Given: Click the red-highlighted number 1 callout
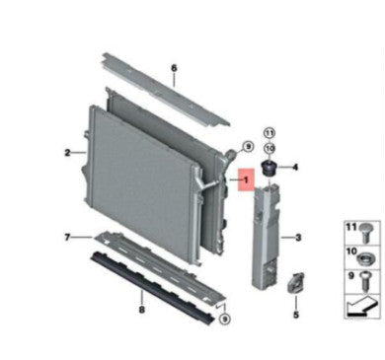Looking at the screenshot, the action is (x=246, y=180).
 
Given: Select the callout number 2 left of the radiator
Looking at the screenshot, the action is (x=67, y=153).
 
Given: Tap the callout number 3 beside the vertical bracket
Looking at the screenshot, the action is (x=298, y=238).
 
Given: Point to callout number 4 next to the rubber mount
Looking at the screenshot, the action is (x=295, y=168).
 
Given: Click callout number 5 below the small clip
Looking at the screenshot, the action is (x=296, y=315).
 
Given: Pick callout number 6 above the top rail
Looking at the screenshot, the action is (x=174, y=68).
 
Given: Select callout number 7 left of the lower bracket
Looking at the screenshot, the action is (x=67, y=237).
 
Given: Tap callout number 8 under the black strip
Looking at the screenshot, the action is (x=142, y=310).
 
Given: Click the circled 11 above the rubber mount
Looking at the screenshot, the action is (x=269, y=133).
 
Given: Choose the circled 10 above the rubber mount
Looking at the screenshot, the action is (x=269, y=148).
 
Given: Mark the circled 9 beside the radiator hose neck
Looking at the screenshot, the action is (x=248, y=146).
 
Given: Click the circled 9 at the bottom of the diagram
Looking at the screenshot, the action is (x=225, y=319).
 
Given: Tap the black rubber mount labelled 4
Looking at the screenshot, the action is (x=269, y=168).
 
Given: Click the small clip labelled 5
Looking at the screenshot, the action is (x=296, y=282).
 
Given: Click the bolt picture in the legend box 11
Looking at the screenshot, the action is (x=365, y=233).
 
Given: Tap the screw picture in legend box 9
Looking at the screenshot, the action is (x=365, y=281).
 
